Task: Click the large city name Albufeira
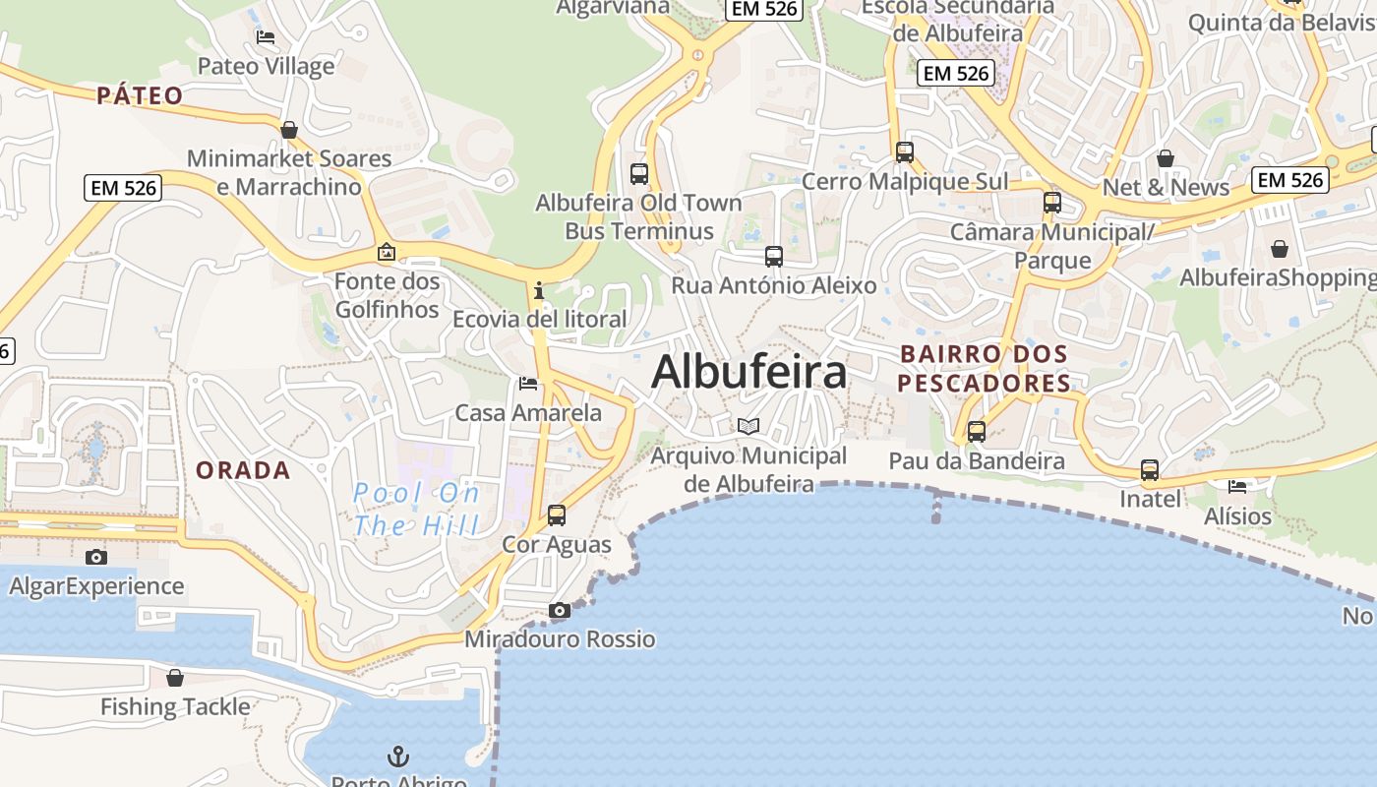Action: click(x=748, y=372)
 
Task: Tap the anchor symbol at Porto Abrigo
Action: click(x=398, y=757)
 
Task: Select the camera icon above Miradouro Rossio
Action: click(x=559, y=611)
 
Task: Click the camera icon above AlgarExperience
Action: click(x=95, y=558)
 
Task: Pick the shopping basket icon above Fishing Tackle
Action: click(x=175, y=678)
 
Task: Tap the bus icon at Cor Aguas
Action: click(x=557, y=515)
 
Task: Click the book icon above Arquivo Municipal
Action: click(x=748, y=426)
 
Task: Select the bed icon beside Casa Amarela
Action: click(x=528, y=383)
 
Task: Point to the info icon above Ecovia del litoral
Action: click(x=538, y=291)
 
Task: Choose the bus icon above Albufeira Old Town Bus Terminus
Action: click(x=639, y=174)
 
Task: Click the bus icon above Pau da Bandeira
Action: click(x=977, y=431)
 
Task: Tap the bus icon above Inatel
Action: click(x=1150, y=470)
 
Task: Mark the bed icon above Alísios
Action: click(x=1237, y=486)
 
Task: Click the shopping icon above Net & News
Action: click(x=1166, y=158)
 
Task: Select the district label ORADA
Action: click(x=243, y=470)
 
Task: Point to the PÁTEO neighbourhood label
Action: click(x=140, y=95)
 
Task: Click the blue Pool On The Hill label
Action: click(x=416, y=509)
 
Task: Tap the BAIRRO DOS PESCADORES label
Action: click(x=985, y=368)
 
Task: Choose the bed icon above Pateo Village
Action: click(x=266, y=37)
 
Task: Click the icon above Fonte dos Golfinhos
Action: click(x=387, y=253)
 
